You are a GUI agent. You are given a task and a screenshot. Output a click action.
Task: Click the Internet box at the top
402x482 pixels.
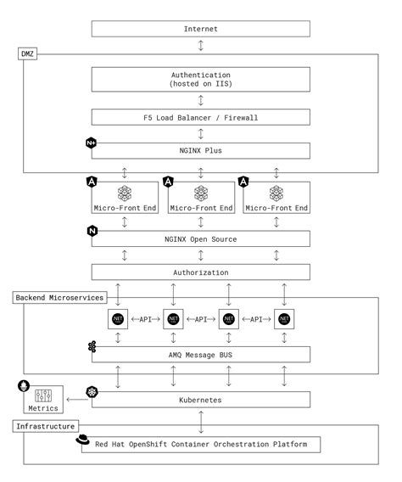click(x=200, y=29)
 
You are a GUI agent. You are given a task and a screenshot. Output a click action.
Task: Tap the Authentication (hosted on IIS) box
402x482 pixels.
click(x=200, y=81)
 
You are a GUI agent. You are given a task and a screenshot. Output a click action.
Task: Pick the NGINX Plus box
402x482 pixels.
click(x=200, y=150)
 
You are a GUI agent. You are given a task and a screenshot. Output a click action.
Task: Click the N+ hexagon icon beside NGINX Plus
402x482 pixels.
click(x=91, y=143)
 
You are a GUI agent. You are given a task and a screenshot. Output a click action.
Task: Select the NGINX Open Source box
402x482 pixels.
click(x=200, y=239)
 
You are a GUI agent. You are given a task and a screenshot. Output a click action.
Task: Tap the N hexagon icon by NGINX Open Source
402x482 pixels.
click(x=92, y=231)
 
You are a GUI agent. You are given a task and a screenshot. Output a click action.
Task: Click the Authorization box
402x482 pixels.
click(x=200, y=272)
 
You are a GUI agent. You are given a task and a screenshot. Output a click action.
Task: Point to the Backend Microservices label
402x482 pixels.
click(x=59, y=298)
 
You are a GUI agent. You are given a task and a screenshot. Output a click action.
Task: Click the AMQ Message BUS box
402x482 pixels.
click(x=200, y=355)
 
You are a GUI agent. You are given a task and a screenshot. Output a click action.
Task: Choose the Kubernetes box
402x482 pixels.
click(x=200, y=398)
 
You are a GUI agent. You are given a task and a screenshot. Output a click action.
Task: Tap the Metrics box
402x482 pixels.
click(x=43, y=398)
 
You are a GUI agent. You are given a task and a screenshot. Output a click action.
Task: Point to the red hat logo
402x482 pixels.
click(x=83, y=439)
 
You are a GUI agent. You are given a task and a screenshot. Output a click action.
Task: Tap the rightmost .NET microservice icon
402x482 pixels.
click(x=284, y=319)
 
